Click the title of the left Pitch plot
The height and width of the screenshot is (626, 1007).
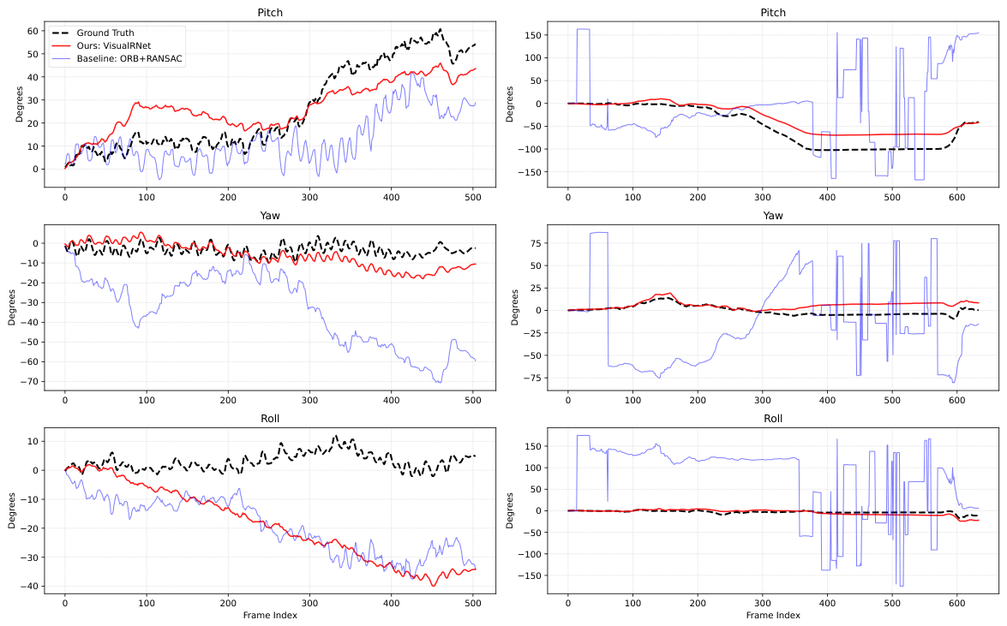tap(270, 12)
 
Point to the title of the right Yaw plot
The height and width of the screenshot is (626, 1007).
tap(772, 215)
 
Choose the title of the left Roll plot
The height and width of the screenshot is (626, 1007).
tap(270, 418)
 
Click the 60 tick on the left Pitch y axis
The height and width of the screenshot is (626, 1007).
tap(33, 31)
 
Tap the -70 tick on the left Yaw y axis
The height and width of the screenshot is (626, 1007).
tap(29, 381)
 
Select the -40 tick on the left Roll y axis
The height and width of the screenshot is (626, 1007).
tap(29, 587)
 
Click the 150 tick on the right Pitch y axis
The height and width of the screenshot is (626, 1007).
tap(534, 34)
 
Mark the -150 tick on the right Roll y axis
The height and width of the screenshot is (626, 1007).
tap(530, 575)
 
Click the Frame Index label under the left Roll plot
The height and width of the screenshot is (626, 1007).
tap(270, 615)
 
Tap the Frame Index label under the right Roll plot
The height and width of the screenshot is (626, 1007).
tap(772, 615)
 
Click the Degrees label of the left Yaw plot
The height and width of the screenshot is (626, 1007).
tap(11, 307)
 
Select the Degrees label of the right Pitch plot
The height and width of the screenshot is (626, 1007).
tap(509, 104)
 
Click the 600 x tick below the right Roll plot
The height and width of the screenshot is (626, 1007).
tap(957, 603)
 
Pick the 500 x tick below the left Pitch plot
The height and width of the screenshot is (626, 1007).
tap(473, 197)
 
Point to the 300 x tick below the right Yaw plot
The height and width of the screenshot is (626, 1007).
tap(762, 400)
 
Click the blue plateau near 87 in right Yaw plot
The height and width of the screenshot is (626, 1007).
tap(598, 232)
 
